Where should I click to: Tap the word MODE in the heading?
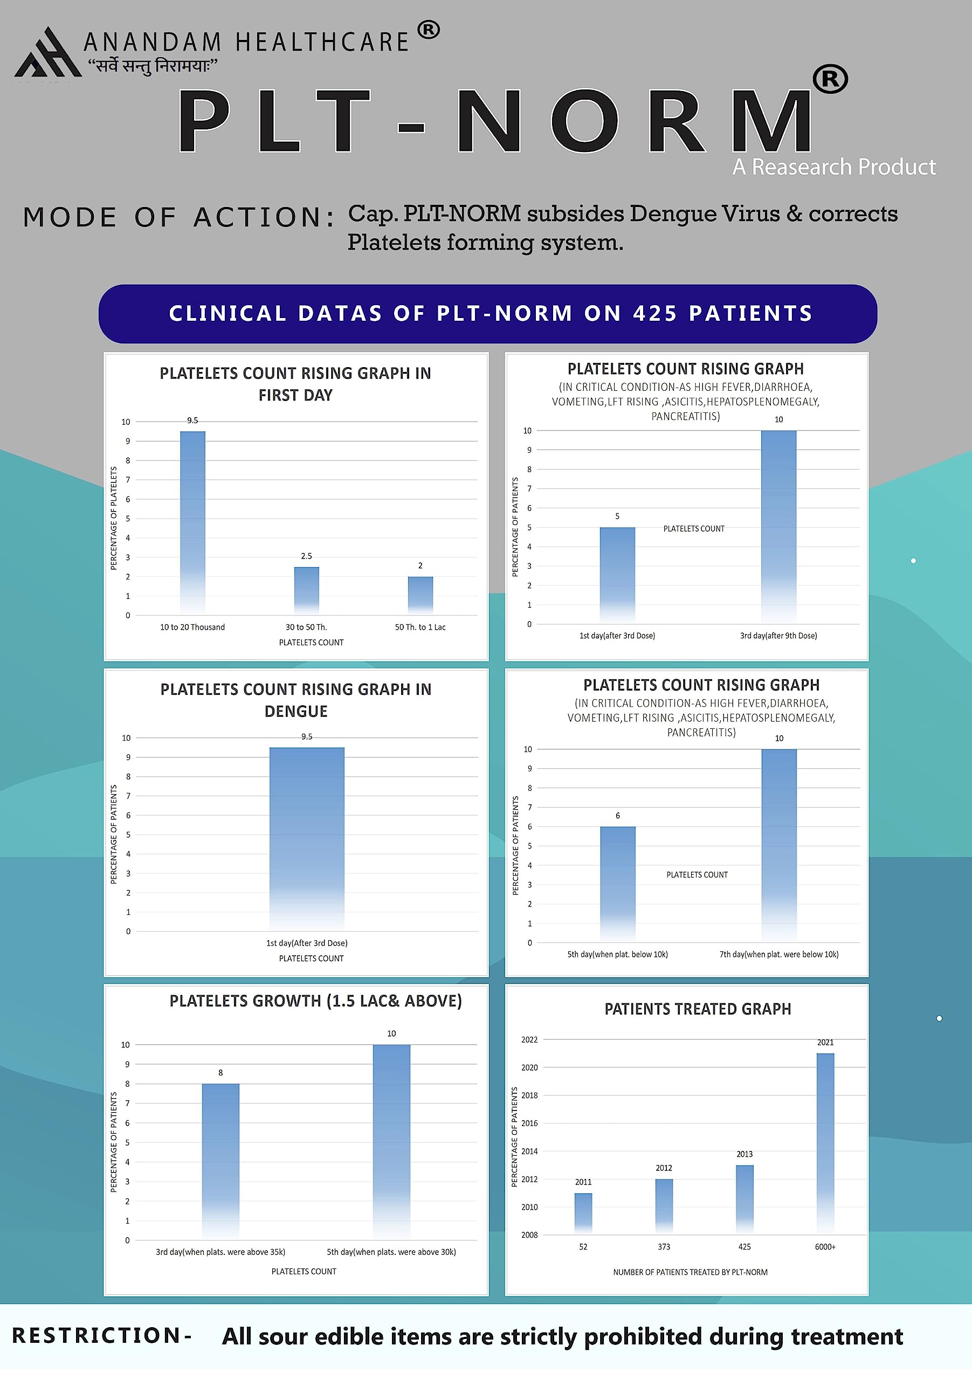pyautogui.click(x=69, y=218)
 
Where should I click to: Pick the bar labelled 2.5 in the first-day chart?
pyautogui.click(x=307, y=590)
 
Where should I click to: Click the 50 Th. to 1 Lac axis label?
pyautogui.click(x=420, y=627)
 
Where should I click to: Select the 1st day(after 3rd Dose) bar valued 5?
pyautogui.click(x=617, y=575)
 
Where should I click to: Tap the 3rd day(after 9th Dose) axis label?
pyautogui.click(x=778, y=636)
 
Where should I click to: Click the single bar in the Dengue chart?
pyautogui.click(x=307, y=838)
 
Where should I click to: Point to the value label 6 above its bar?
pyautogui.click(x=617, y=816)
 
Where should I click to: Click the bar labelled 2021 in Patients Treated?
pyautogui.click(x=825, y=1142)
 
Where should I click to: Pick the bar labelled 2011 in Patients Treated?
pyautogui.click(x=583, y=1213)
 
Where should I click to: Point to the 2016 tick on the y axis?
pyautogui.click(x=529, y=1123)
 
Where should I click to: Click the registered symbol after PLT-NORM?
pyautogui.click(x=830, y=79)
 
